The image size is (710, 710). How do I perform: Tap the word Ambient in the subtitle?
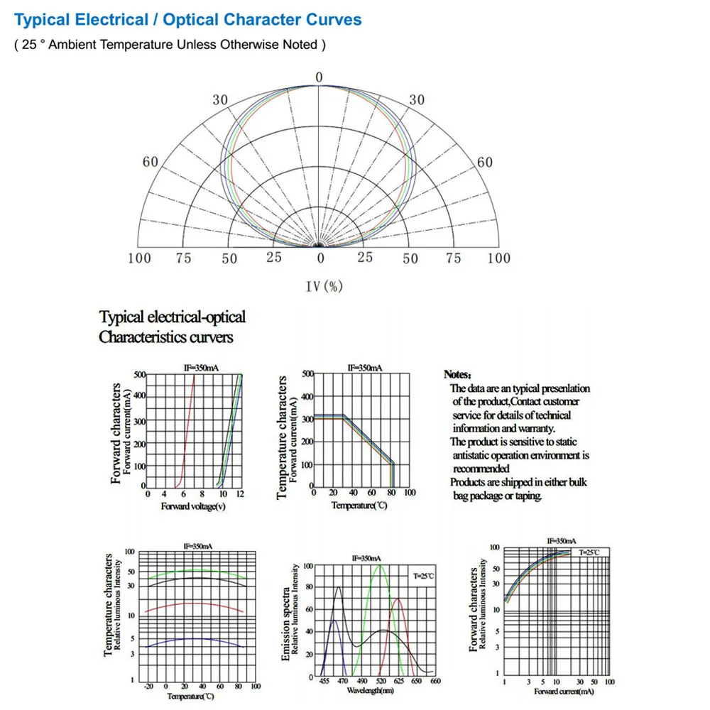[72, 45]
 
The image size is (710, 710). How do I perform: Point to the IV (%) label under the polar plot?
[324, 286]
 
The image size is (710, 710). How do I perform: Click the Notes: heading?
[457, 374]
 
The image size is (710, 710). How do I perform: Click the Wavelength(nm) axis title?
[370, 689]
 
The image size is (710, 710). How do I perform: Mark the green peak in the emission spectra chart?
[379, 566]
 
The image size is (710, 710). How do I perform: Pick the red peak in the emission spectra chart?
[398, 600]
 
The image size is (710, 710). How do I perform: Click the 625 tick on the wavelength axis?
[400, 681]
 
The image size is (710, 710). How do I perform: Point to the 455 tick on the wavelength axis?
[324, 681]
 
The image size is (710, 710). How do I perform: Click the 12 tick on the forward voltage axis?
[241, 493]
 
